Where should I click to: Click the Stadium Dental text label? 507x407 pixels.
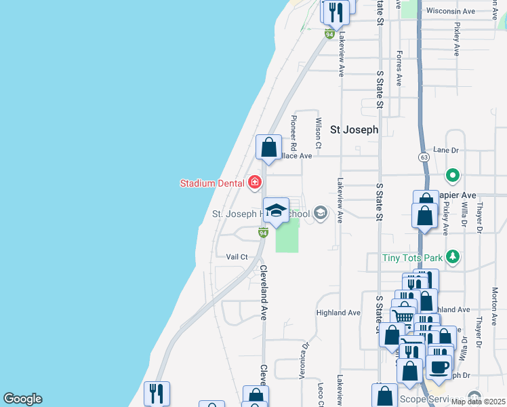pos(213,183)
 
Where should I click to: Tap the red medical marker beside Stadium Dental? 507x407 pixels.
pos(255,182)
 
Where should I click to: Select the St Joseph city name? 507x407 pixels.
pos(353,130)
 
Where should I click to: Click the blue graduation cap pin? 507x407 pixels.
pos(276,211)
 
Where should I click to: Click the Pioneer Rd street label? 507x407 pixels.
pos(293,133)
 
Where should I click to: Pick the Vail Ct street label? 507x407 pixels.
pos(237,256)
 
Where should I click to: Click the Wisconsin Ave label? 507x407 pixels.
pos(451,12)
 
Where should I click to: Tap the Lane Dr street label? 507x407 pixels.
pos(446,150)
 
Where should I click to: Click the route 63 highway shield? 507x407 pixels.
pos(424,157)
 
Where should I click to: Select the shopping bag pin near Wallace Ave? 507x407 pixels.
pos(268,147)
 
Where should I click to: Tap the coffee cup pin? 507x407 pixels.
pos(438,366)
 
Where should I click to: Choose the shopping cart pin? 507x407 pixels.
pos(403,315)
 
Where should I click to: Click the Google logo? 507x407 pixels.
pos(22,399)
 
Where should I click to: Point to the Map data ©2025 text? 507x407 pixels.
pos(478,402)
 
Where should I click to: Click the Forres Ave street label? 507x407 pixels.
pos(399,68)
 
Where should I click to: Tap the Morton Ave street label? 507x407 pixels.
pos(495,303)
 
